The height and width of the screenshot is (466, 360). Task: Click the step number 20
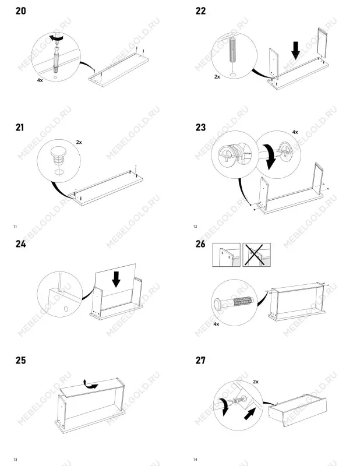pyautogui.click(x=21, y=11)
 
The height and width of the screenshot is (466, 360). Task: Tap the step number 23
pyautogui.click(x=200, y=128)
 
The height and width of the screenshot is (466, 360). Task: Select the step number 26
pyautogui.click(x=200, y=244)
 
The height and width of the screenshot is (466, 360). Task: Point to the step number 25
pyautogui.click(x=21, y=361)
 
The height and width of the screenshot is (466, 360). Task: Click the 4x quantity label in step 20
pyautogui.click(x=40, y=80)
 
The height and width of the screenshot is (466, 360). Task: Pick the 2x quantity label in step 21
pyautogui.click(x=79, y=142)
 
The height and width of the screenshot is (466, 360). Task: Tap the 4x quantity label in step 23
pyautogui.click(x=295, y=132)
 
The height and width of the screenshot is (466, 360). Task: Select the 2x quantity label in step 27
pyautogui.click(x=256, y=382)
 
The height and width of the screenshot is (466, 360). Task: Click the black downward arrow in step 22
pyautogui.click(x=295, y=50)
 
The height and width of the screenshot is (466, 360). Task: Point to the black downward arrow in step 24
pyautogui.click(x=116, y=279)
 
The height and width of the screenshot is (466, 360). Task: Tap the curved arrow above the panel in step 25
pyautogui.click(x=90, y=384)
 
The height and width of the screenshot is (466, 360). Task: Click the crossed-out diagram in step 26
pyautogui.click(x=256, y=255)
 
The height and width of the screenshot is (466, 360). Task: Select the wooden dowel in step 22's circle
pyautogui.click(x=233, y=50)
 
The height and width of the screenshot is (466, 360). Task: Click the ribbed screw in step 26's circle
pyautogui.click(x=234, y=303)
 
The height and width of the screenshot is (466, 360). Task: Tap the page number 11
pyautogui.click(x=15, y=227)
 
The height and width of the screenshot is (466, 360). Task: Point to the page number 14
pyautogui.click(x=195, y=460)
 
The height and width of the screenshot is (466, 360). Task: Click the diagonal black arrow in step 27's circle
pyautogui.click(x=250, y=414)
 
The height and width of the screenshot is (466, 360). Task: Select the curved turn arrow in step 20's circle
pyautogui.click(x=57, y=37)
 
